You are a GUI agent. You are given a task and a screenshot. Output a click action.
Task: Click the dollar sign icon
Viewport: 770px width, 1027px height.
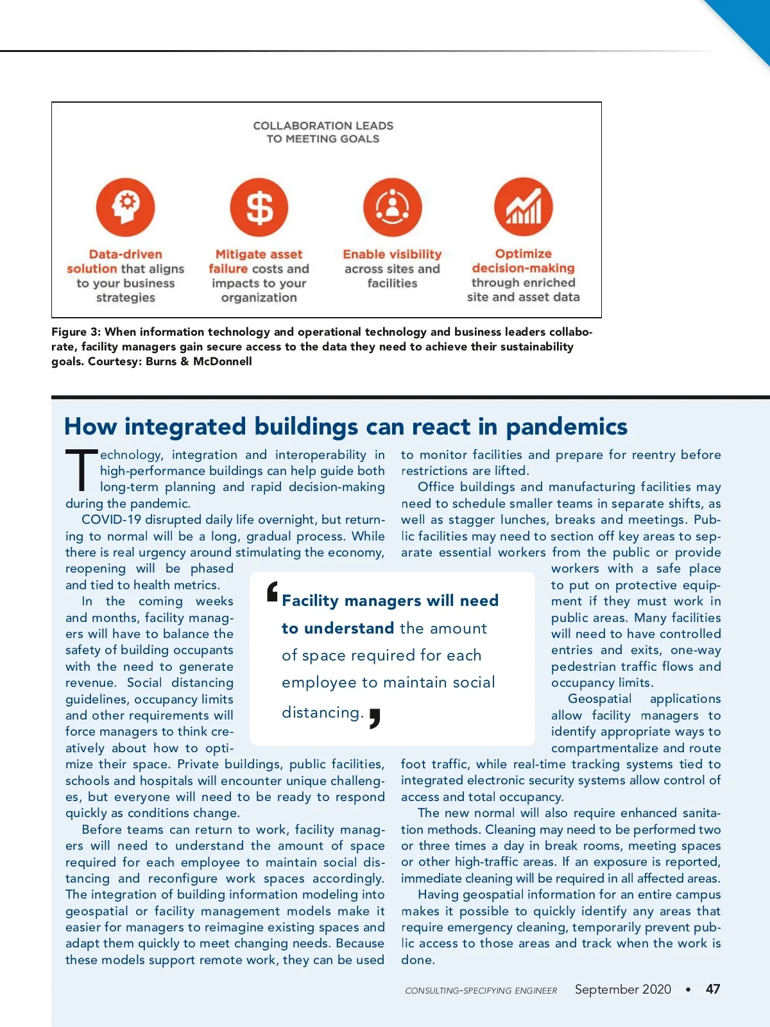(x=259, y=207)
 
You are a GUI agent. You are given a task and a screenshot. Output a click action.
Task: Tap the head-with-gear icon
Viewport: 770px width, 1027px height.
(x=126, y=207)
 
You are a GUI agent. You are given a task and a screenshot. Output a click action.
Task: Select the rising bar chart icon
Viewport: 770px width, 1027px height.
(x=524, y=207)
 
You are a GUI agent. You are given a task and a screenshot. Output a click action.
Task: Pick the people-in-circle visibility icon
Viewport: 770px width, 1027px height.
(x=393, y=207)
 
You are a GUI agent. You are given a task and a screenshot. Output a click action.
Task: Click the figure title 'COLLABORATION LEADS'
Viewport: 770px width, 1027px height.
(x=323, y=126)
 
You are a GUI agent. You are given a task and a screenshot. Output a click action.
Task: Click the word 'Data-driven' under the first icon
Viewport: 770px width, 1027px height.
(x=126, y=254)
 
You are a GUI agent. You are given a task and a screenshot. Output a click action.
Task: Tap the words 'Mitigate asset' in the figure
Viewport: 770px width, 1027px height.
(x=259, y=254)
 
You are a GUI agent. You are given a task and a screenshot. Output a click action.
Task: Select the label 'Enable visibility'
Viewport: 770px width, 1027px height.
(x=392, y=254)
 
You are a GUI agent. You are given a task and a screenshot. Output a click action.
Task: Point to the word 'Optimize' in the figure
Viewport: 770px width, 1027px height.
(x=524, y=254)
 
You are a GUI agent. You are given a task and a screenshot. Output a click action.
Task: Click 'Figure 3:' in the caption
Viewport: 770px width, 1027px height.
(x=76, y=332)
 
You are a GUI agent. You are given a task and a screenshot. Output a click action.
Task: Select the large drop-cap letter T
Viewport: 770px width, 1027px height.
(x=81, y=470)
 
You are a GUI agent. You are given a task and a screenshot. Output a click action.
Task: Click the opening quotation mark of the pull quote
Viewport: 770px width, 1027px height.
(x=273, y=591)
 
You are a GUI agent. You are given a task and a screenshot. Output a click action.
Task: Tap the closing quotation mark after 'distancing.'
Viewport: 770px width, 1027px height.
(x=375, y=718)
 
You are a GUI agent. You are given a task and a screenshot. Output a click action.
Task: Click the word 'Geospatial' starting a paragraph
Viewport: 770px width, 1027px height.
(x=599, y=698)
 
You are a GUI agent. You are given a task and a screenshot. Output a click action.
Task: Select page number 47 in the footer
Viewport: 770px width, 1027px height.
(x=712, y=989)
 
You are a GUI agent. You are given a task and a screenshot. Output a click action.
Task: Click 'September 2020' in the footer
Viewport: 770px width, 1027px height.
(x=622, y=989)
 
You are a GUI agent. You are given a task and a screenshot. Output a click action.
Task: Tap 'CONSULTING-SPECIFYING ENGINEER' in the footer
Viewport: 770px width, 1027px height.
(x=481, y=990)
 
